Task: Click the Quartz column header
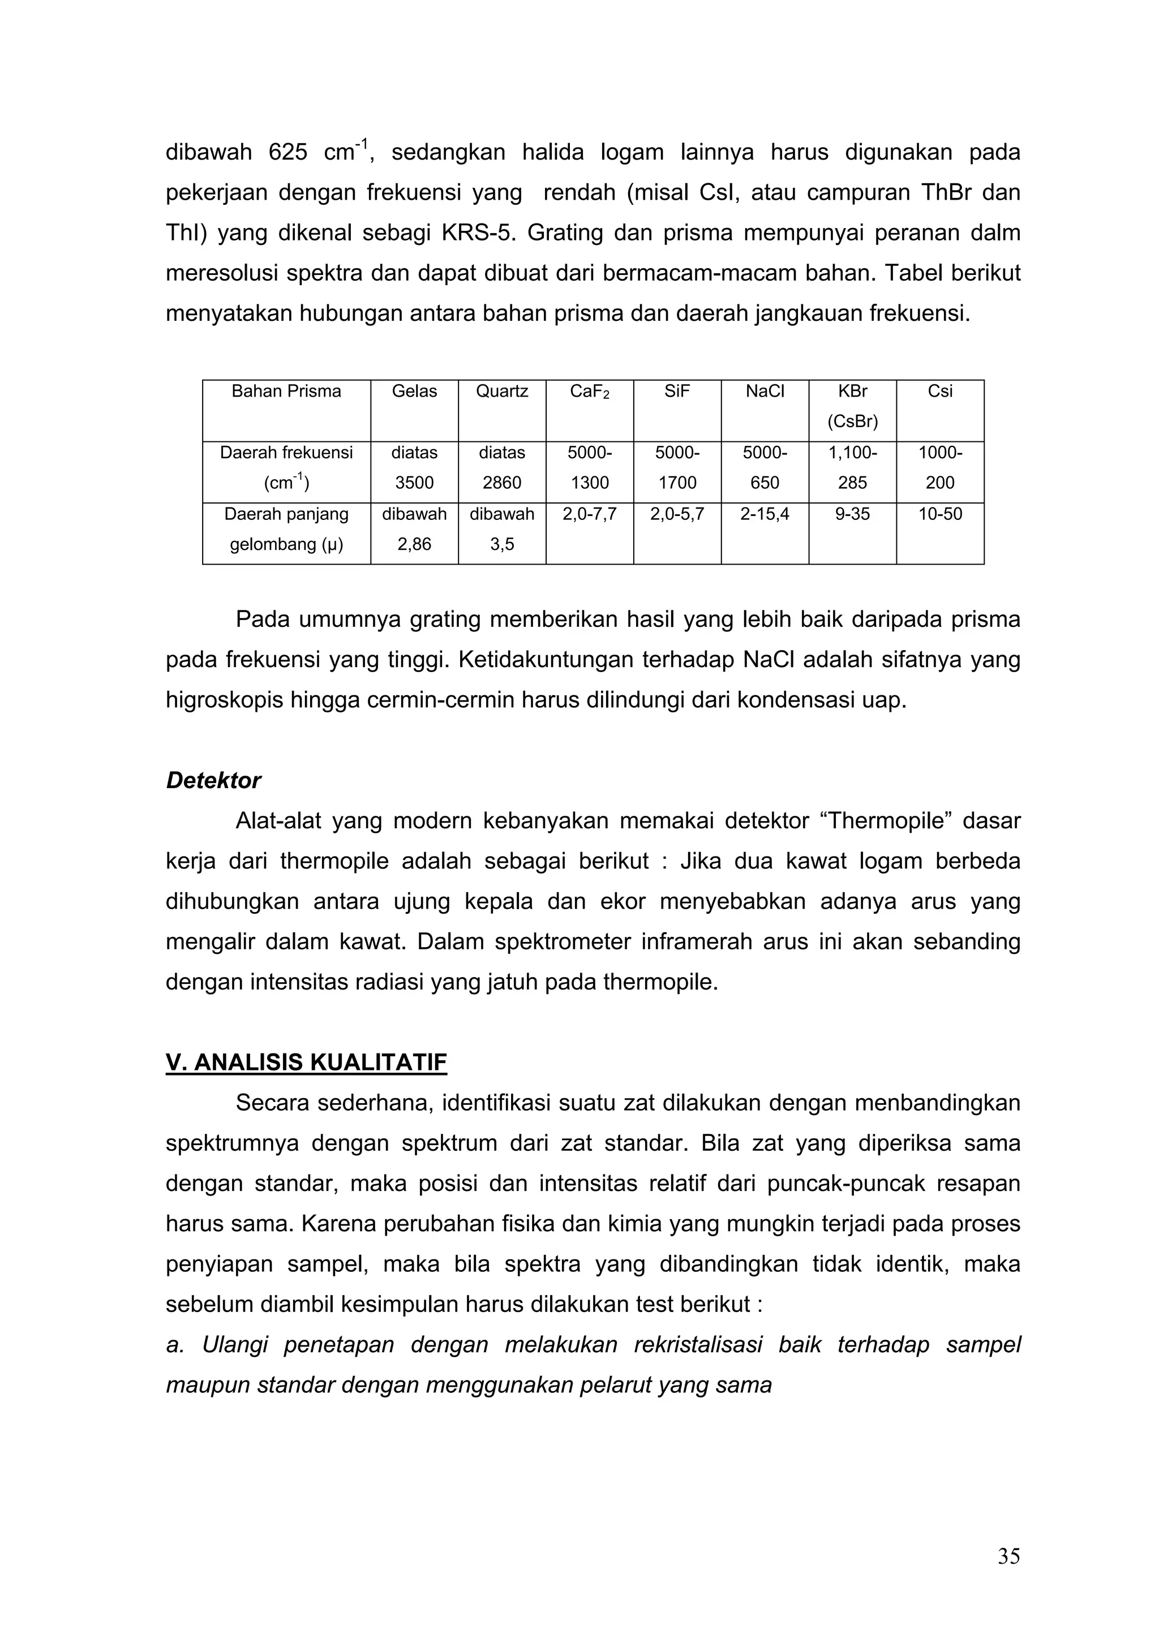[x=501, y=391]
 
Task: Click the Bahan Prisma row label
[x=286, y=391]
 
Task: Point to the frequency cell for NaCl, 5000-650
[x=764, y=467]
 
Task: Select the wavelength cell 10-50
[x=940, y=514]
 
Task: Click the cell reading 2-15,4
[x=764, y=514]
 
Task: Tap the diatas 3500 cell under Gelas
[x=414, y=467]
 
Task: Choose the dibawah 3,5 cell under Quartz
[x=501, y=529]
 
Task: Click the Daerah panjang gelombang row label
[x=286, y=529]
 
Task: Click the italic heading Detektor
[x=213, y=780]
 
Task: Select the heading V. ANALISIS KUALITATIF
[x=306, y=1062]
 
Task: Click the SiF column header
[x=676, y=391]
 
